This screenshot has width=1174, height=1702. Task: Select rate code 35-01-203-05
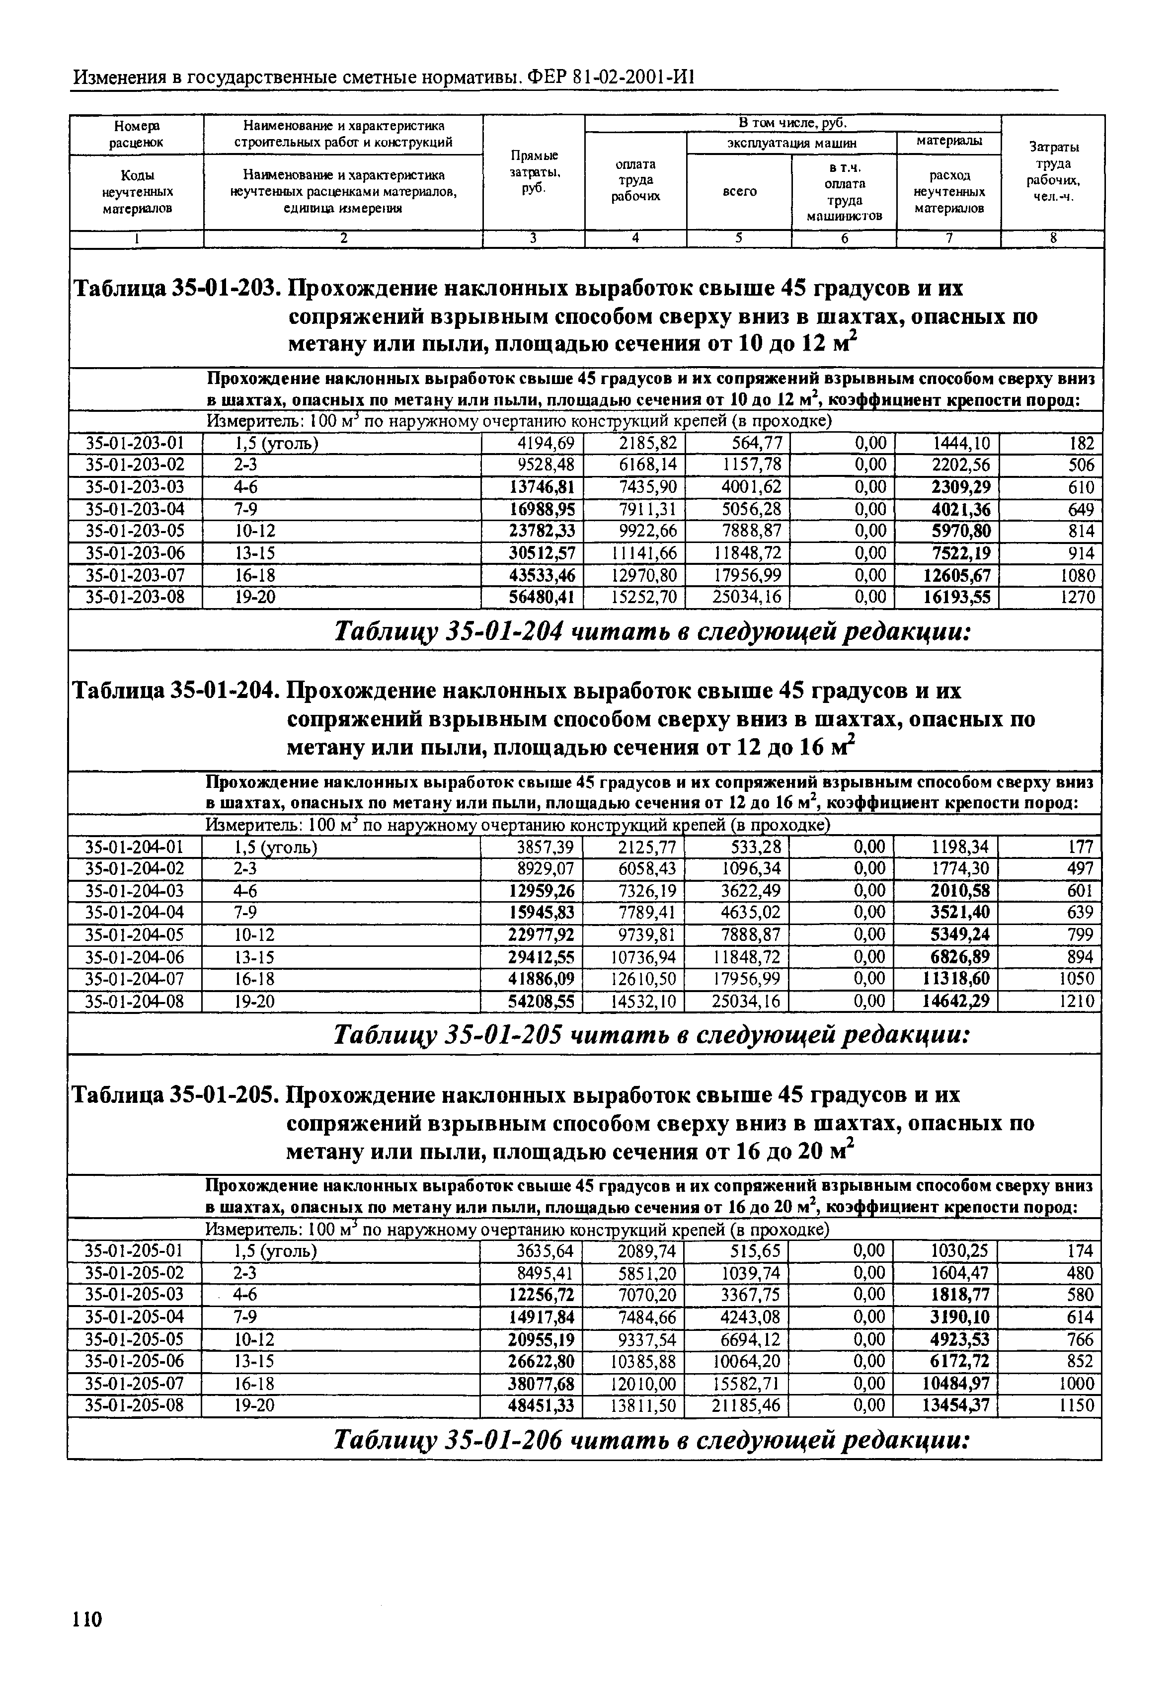point(135,531)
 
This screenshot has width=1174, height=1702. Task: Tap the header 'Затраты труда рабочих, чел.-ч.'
point(1053,172)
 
